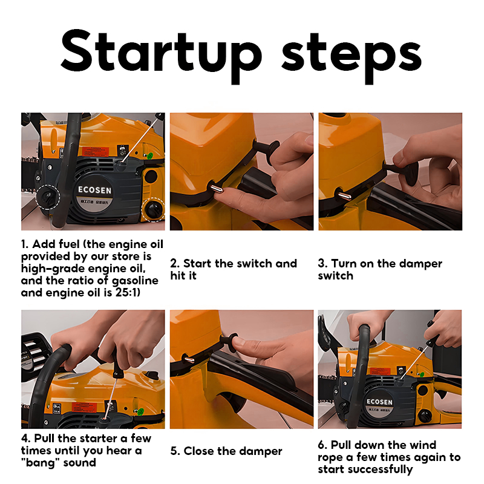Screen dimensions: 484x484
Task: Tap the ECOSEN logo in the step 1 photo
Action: (x=94, y=190)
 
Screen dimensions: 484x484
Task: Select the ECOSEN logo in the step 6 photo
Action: (x=379, y=402)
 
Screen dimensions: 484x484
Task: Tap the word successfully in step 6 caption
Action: (x=381, y=469)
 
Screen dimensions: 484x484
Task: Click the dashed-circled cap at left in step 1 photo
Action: (x=47, y=197)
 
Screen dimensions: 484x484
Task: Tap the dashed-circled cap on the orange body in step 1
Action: (x=154, y=209)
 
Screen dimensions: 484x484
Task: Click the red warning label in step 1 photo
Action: (x=96, y=152)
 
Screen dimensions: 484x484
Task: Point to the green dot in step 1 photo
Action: (x=150, y=155)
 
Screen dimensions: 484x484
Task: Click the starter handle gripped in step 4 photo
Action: (x=117, y=364)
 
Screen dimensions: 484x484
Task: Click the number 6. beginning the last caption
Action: (x=322, y=445)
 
